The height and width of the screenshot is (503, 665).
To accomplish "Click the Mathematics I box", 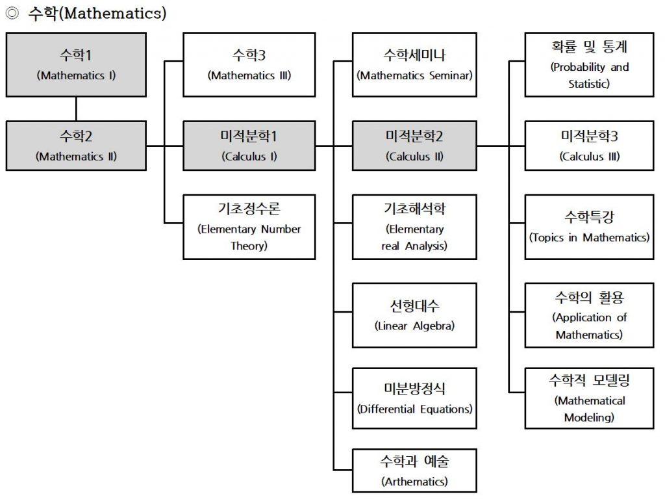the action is [77, 64].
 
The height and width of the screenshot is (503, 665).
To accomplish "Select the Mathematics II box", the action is [77, 146].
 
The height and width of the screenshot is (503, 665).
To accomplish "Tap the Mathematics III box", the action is [249, 64].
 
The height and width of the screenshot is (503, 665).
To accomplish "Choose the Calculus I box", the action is [249, 146].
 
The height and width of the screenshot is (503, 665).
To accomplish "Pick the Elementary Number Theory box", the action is [249, 227].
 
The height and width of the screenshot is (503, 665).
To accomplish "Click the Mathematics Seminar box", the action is [414, 64].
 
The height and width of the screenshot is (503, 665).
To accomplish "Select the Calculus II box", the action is [414, 146].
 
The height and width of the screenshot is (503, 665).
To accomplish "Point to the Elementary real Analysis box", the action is [414, 227].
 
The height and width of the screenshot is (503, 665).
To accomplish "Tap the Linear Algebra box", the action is [414, 315].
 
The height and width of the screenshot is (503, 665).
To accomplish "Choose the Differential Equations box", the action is [414, 398].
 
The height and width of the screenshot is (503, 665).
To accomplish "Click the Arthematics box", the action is [414, 471].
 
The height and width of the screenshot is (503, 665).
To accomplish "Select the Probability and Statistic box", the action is [590, 64].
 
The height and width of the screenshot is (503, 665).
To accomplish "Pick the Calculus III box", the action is [590, 146].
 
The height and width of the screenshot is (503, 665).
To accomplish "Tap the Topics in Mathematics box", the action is [590, 227].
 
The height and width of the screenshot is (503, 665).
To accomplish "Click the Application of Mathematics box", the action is [590, 315].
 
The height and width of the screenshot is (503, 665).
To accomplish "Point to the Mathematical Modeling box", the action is [590, 398].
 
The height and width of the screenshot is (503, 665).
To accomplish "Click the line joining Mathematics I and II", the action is [77, 109].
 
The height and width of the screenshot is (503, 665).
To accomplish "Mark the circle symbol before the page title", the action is [12, 13].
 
